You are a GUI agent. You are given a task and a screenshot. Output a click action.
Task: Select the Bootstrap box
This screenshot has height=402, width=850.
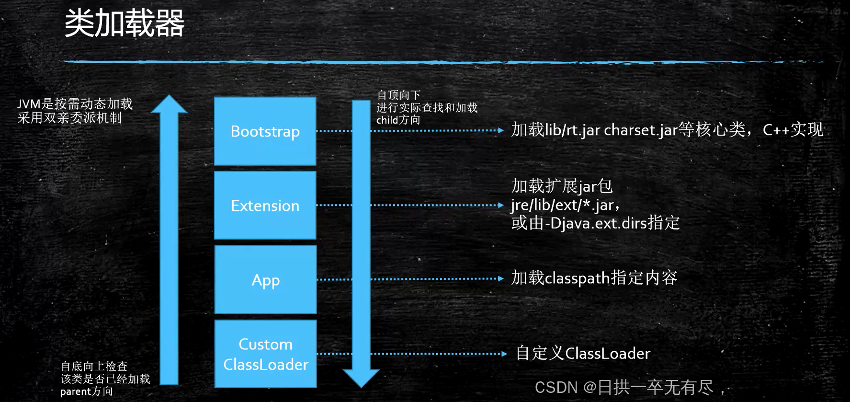click(x=265, y=131)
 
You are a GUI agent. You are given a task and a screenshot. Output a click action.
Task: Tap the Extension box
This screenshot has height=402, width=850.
click(x=265, y=206)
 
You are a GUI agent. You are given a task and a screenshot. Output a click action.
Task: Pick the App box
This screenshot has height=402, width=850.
click(x=265, y=280)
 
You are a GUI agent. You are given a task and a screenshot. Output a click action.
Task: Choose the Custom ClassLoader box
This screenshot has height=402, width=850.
click(x=265, y=354)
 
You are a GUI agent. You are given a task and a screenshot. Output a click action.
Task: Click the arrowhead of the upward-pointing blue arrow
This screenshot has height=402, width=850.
click(x=169, y=105)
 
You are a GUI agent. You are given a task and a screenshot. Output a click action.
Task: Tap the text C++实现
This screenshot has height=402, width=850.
click(x=793, y=130)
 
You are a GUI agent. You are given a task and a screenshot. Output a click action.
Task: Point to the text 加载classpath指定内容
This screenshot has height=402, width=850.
click(x=594, y=278)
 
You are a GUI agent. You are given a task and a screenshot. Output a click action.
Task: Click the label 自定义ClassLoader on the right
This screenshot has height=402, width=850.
click(x=583, y=354)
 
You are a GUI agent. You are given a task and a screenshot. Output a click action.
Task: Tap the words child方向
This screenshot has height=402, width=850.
click(x=398, y=120)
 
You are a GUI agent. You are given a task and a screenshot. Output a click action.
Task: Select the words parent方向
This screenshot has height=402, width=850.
click(x=86, y=391)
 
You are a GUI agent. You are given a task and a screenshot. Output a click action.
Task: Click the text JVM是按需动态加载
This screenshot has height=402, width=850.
click(x=75, y=104)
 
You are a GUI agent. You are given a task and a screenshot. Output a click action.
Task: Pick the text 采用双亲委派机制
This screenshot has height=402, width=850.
click(x=69, y=118)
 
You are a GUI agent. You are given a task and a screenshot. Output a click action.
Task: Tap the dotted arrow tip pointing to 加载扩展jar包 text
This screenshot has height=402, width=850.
click(x=500, y=206)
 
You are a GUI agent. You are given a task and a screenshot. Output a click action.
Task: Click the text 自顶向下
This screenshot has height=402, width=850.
click(x=398, y=95)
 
